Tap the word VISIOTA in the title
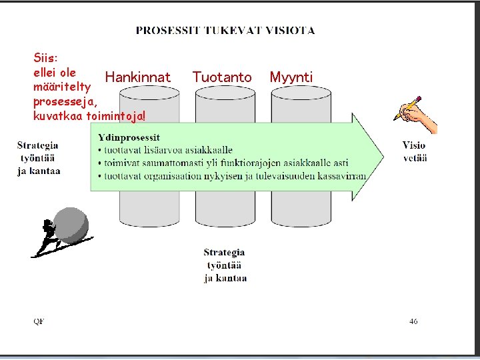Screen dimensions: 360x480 (x=290, y=30)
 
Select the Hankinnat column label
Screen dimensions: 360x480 (x=137, y=78)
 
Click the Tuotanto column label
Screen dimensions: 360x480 (x=222, y=78)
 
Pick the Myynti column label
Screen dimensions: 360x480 (x=291, y=78)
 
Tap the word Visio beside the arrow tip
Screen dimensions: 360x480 (x=414, y=145)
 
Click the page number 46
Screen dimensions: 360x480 (x=413, y=321)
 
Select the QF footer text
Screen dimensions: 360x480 (x=39, y=321)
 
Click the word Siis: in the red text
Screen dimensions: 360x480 (x=46, y=58)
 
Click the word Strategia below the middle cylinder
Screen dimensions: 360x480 (x=224, y=253)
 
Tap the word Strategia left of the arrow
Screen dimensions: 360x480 (x=37, y=145)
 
